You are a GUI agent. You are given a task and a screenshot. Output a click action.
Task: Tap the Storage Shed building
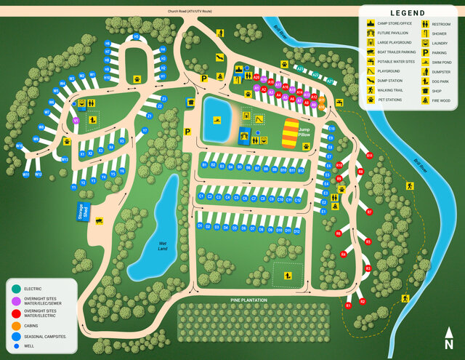87,211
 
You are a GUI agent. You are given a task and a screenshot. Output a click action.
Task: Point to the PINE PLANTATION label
248,300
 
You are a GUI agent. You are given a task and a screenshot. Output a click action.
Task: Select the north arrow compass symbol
450,340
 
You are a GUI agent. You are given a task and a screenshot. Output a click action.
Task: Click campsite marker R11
369,156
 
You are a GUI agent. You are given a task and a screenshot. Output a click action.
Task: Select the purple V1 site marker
76,121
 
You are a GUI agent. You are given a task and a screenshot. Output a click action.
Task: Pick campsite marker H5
135,36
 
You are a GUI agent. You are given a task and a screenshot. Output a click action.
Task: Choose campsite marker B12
300,170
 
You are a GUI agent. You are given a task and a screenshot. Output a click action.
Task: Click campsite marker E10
331,129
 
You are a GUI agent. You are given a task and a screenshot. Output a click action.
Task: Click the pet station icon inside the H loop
137,76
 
